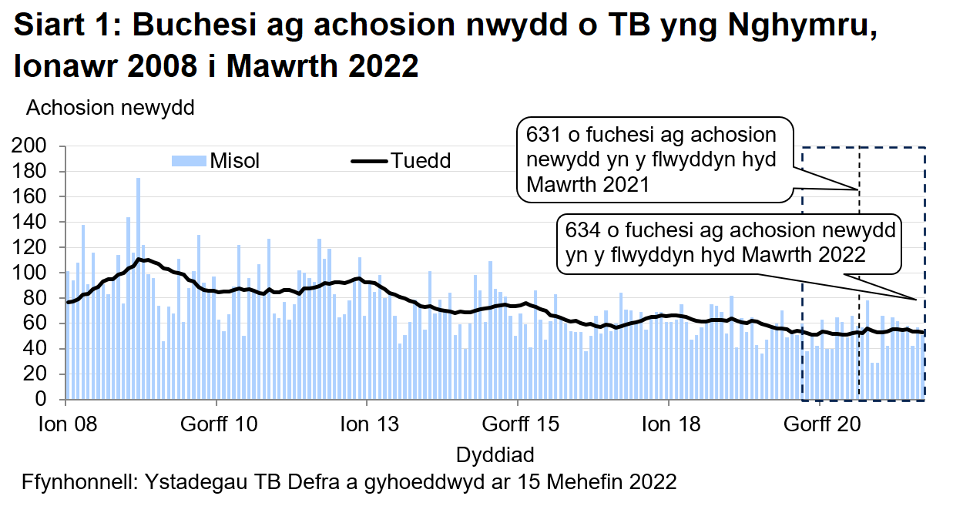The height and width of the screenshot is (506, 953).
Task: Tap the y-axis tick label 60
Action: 39,323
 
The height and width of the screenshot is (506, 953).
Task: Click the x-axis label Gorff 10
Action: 216,424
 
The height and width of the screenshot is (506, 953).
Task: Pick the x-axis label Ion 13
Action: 367,424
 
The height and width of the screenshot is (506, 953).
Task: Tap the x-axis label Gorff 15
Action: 518,424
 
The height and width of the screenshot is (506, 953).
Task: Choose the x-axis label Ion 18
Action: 669,424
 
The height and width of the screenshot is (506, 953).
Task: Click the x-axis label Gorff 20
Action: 820,424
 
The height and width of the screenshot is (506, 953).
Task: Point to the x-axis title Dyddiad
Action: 495,453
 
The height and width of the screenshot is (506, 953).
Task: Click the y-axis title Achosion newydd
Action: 110,109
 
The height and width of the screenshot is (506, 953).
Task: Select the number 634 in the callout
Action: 582,230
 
